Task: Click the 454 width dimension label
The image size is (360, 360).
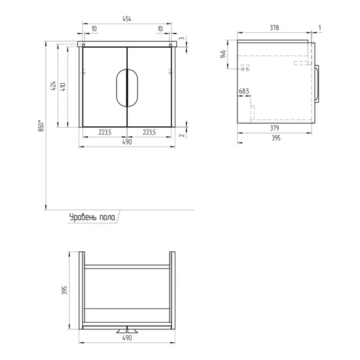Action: [x=127, y=19]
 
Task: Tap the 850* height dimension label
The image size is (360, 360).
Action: [x=41, y=126]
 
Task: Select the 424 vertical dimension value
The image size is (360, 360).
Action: [x=53, y=85]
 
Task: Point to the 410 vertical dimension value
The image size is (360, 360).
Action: [x=63, y=86]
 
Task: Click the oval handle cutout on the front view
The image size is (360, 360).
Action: [x=127, y=88]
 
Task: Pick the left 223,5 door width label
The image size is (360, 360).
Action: [x=105, y=132]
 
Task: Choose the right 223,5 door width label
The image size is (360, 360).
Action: [x=149, y=132]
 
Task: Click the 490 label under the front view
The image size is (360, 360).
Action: [x=127, y=142]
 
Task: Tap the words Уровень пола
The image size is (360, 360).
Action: [x=92, y=217]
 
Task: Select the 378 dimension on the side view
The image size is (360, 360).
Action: [x=274, y=27]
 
